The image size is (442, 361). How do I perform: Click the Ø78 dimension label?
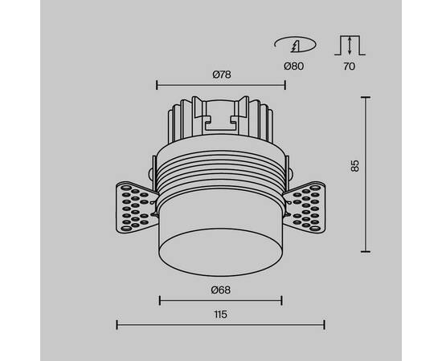tap(222, 74)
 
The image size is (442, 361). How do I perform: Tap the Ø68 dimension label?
tap(222, 290)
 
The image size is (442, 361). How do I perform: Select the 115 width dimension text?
tap(221, 314)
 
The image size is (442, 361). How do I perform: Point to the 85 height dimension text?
tap(354, 166)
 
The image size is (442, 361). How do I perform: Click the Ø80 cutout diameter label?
tap(294, 67)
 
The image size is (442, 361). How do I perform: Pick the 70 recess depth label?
tap(349, 67)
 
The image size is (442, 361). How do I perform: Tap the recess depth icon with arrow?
tap(349, 44)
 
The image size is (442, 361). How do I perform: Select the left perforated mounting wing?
tap(137, 209)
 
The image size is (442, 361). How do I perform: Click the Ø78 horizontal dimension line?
tap(222, 83)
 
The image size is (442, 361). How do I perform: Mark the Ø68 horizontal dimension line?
tap(221, 301)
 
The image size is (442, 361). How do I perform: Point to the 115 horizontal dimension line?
tap(221, 324)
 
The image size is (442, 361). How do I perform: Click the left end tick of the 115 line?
tap(117, 324)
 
